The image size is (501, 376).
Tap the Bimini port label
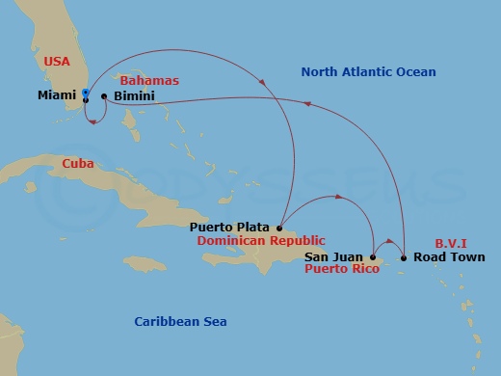[x=132, y=97]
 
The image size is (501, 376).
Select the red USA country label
[x=58, y=62]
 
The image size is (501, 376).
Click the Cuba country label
[x=77, y=164]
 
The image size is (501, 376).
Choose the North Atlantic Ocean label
[x=368, y=71]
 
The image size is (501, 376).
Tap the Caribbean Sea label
[x=181, y=321]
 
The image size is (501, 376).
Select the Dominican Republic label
[x=260, y=240]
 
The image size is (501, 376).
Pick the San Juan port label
[x=333, y=257]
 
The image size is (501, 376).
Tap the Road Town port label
[x=444, y=257]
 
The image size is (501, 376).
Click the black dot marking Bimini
[x=103, y=96]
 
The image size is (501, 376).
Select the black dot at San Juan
[x=373, y=257]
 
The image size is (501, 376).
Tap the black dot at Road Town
[x=404, y=257]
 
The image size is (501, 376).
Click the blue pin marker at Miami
[x=86, y=93]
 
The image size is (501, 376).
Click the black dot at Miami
[x=87, y=98]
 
